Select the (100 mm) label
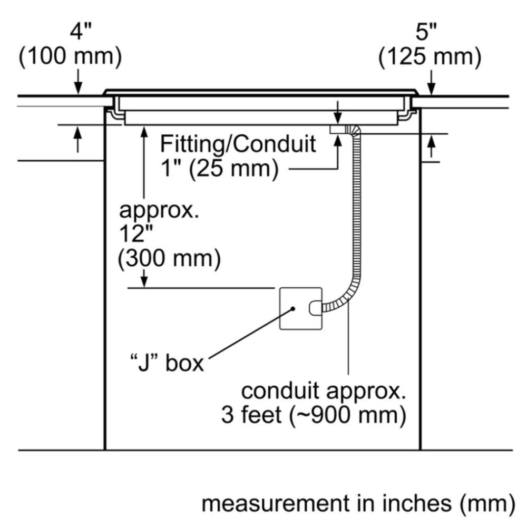(71, 57)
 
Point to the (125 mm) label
(430, 57)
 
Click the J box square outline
(299, 309)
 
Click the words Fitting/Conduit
(238, 143)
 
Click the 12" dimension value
(132, 235)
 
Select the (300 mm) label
(168, 258)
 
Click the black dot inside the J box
(292, 309)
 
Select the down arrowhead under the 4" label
(77, 90)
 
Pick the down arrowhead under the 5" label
(431, 90)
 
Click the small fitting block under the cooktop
(337, 129)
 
